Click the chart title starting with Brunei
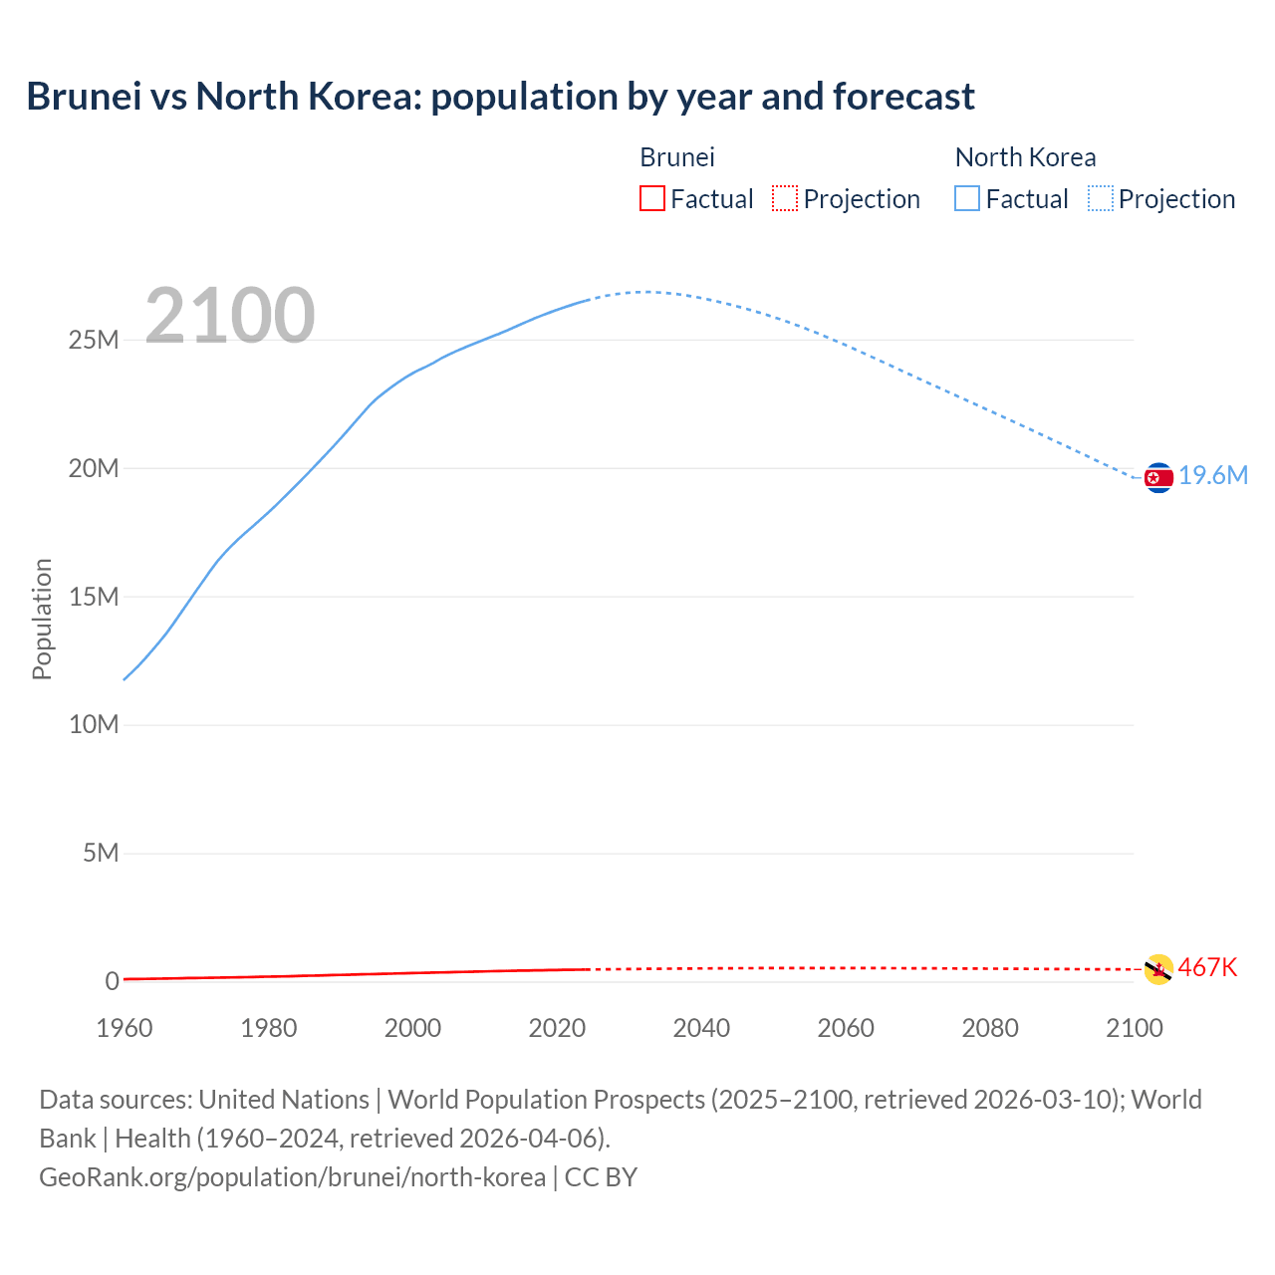(x=500, y=97)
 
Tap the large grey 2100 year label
(x=230, y=316)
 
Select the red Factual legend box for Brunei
(x=651, y=198)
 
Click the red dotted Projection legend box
(x=785, y=198)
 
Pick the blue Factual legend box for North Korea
(x=967, y=198)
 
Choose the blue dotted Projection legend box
(x=1101, y=198)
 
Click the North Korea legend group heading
(x=1025, y=157)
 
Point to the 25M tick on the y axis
(x=94, y=340)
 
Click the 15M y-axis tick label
(x=94, y=597)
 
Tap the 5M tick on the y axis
(x=101, y=853)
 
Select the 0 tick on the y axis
(x=112, y=981)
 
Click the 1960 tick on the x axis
(x=125, y=1028)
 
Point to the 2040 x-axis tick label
(x=701, y=1028)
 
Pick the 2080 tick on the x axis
(x=990, y=1028)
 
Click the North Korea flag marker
(x=1158, y=478)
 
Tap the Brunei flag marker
(x=1158, y=969)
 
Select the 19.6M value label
(x=1213, y=476)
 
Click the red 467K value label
(x=1207, y=967)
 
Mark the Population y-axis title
(x=42, y=619)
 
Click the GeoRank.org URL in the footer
(x=292, y=1177)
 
